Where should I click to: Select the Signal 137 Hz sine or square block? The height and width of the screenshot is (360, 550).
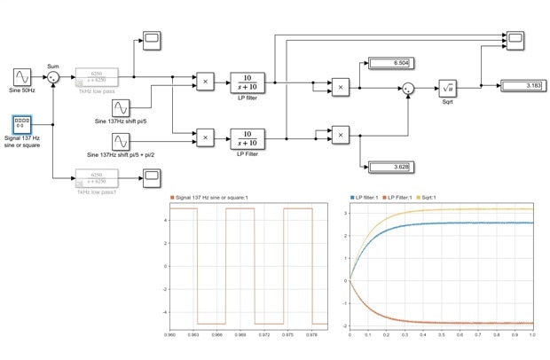pos(24,121)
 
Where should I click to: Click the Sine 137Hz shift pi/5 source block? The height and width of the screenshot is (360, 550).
pos(121,108)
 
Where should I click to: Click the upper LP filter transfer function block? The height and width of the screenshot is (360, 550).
pos(248,82)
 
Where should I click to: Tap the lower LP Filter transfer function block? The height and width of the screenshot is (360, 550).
pos(248,137)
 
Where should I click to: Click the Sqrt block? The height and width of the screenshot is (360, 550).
pos(448,88)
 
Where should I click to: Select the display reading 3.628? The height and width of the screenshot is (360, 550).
pos(389,167)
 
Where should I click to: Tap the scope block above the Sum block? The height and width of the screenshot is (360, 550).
pos(152,39)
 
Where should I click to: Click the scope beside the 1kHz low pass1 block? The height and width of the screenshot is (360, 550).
pos(152,182)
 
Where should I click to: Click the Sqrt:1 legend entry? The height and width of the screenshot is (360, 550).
pos(464,197)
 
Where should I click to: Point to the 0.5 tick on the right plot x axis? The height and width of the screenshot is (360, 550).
pos(442,334)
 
